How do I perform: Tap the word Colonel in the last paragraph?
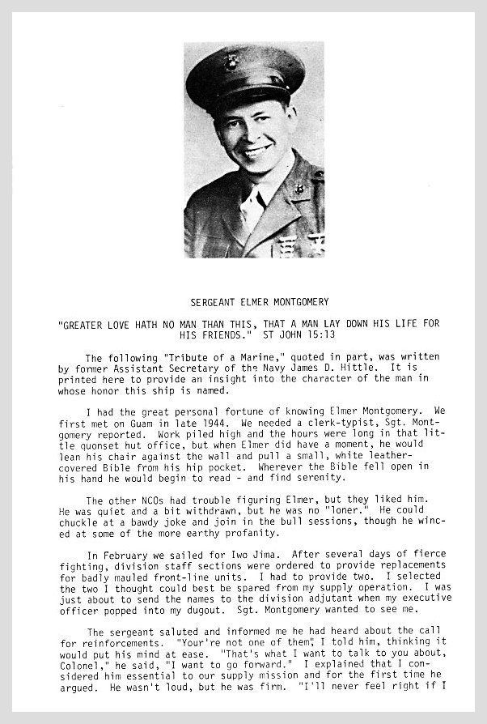point(81,674)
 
